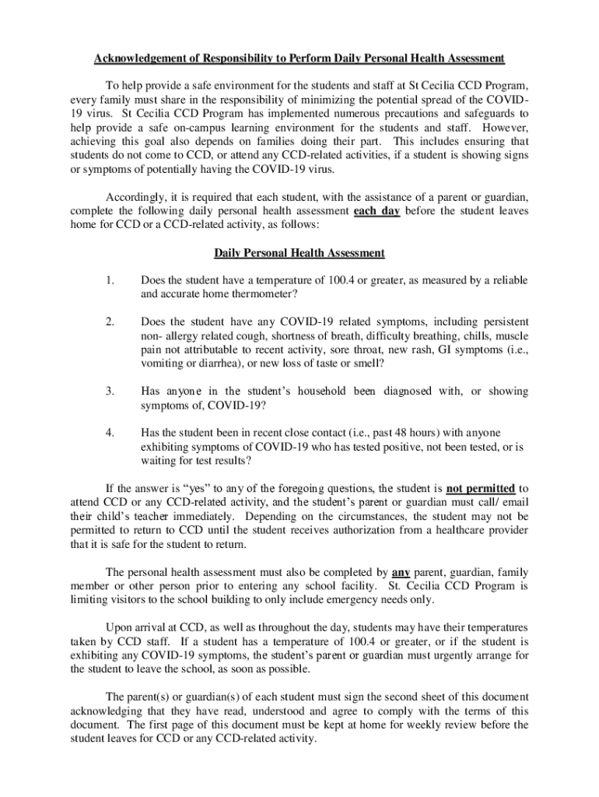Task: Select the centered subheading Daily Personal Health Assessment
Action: point(299,253)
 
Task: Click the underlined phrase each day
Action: point(377,211)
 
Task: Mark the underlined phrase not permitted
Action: point(481,488)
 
